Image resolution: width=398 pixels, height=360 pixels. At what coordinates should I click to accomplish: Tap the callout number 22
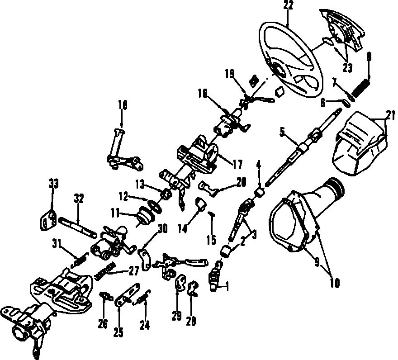tap(288, 5)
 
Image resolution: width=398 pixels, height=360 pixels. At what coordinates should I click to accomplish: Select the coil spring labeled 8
tap(361, 88)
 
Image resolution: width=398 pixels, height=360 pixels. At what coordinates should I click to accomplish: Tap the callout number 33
tap(53, 183)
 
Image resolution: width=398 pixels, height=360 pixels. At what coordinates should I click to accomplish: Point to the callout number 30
tap(162, 229)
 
